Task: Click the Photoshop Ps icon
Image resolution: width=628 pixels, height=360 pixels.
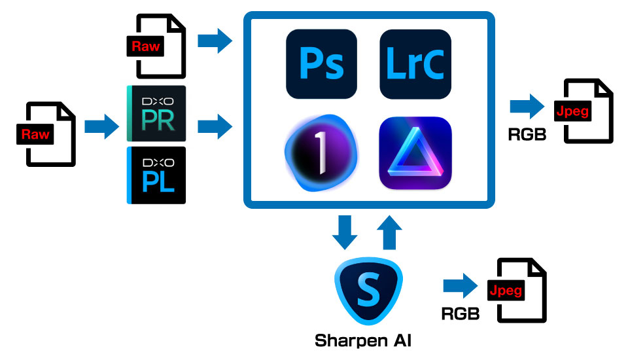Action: click(x=321, y=63)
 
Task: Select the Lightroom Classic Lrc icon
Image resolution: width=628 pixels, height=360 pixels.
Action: click(x=415, y=63)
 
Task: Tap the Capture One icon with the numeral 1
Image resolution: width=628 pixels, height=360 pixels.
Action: click(x=321, y=153)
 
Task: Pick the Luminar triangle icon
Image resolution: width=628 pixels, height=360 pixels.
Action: click(x=415, y=153)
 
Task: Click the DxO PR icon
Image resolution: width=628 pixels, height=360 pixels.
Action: click(x=156, y=113)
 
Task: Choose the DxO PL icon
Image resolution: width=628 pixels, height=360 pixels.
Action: click(x=156, y=175)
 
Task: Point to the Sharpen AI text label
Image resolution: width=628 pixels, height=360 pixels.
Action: click(x=363, y=341)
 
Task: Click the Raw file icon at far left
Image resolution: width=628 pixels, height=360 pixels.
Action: click(x=46, y=134)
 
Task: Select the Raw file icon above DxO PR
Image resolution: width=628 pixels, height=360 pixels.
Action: click(x=156, y=46)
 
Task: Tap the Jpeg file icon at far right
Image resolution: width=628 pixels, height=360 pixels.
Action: click(x=584, y=111)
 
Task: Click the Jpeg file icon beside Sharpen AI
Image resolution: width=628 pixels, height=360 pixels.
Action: click(x=517, y=290)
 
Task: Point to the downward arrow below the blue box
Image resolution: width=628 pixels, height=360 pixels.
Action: click(x=345, y=232)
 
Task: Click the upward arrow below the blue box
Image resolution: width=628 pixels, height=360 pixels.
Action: click(x=389, y=232)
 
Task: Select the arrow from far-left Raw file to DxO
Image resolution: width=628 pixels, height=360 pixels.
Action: click(x=102, y=127)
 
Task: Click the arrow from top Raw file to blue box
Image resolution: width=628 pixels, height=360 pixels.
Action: click(x=215, y=41)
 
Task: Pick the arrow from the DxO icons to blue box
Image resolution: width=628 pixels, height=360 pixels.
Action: click(x=215, y=127)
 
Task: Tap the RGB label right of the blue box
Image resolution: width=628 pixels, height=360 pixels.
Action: click(x=527, y=135)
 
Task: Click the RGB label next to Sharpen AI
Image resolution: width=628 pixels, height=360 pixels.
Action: click(x=460, y=314)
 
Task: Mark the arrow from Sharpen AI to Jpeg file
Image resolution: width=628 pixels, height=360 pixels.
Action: click(x=461, y=286)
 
